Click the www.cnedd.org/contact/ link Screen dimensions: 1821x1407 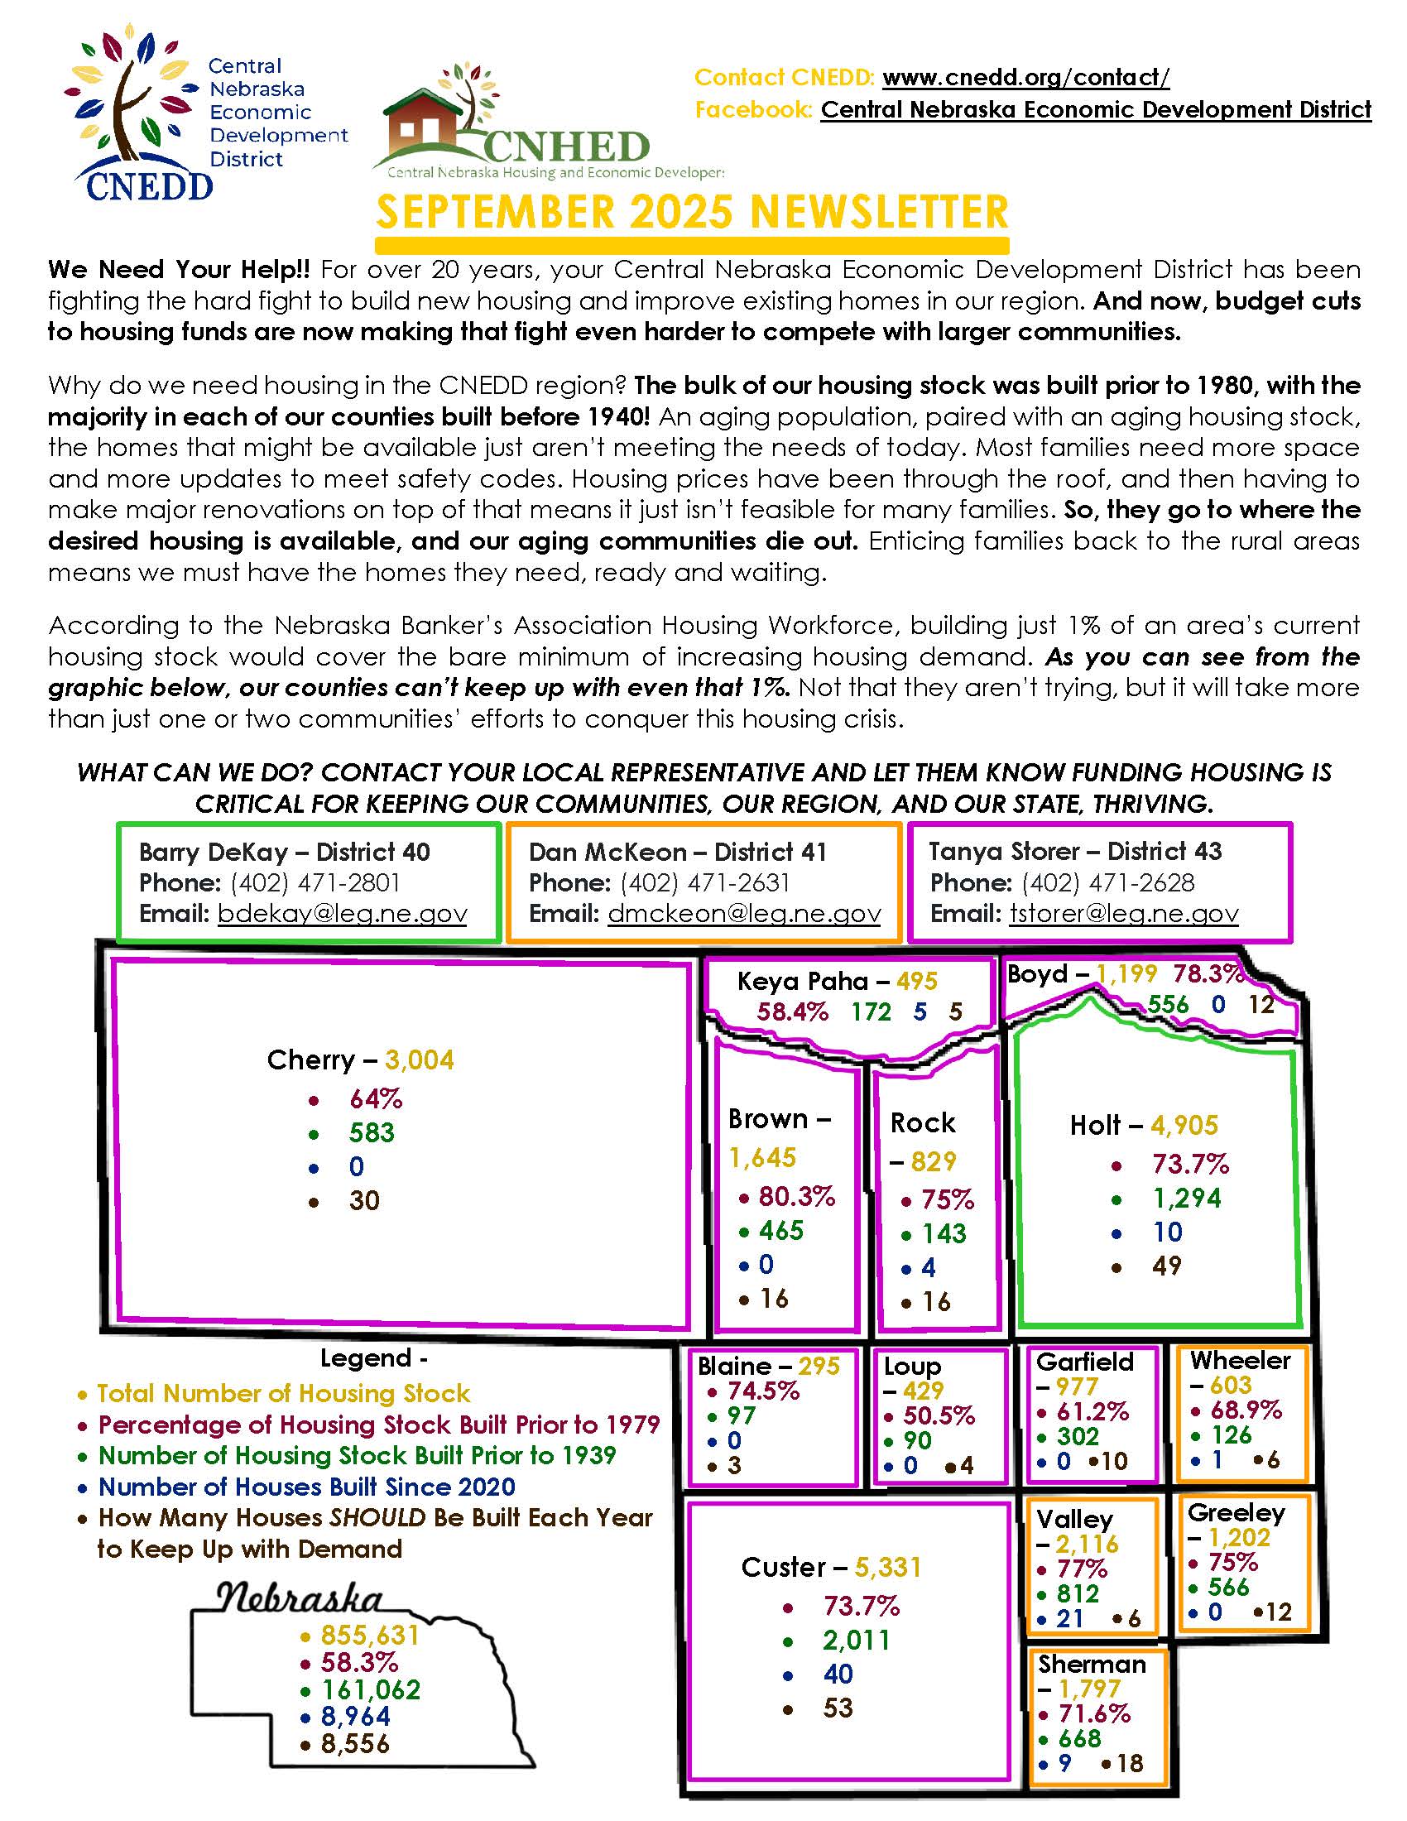click(1025, 78)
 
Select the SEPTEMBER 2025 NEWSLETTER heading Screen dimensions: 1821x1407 click(692, 212)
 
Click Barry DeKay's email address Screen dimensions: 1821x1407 click(342, 914)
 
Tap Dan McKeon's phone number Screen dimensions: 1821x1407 click(704, 882)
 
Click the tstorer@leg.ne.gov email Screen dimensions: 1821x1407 click(1124, 914)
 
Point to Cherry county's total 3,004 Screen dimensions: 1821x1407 click(420, 1060)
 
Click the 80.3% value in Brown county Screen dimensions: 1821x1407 click(796, 1197)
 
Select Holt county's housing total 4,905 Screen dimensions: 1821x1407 click(1184, 1126)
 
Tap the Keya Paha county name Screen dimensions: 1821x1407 click(802, 982)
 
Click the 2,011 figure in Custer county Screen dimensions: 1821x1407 click(856, 1640)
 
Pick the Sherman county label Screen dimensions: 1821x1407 click(1091, 1665)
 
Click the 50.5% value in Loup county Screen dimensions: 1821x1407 click(939, 1415)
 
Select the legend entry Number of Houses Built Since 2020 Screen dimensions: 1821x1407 click(307, 1487)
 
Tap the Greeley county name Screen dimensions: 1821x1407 click(1237, 1512)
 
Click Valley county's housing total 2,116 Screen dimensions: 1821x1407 click(1087, 1545)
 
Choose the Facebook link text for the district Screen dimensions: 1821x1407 click(1095, 109)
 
